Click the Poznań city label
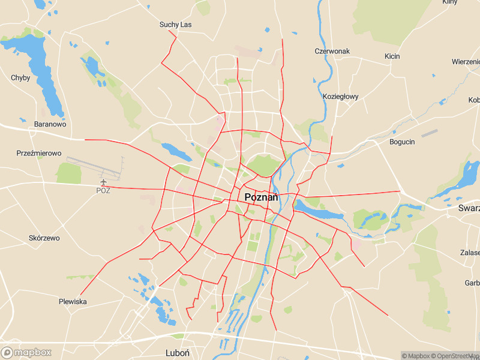click(262, 197)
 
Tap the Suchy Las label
click(175, 25)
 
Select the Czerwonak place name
click(332, 52)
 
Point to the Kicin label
click(392, 56)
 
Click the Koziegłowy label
click(340, 97)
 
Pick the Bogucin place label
click(402, 142)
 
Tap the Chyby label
click(20, 78)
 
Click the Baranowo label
click(50, 124)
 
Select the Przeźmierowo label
click(39, 154)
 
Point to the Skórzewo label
click(44, 238)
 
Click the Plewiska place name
click(73, 301)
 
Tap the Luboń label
click(178, 353)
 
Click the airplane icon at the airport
click(104, 181)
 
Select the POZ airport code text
click(104, 191)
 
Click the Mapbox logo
click(26, 353)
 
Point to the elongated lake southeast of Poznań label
click(318, 211)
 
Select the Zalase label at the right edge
click(470, 253)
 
